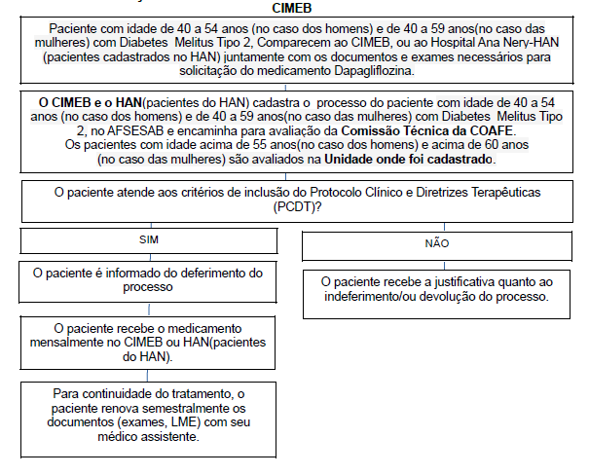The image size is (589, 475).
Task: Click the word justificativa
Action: (469, 281)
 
